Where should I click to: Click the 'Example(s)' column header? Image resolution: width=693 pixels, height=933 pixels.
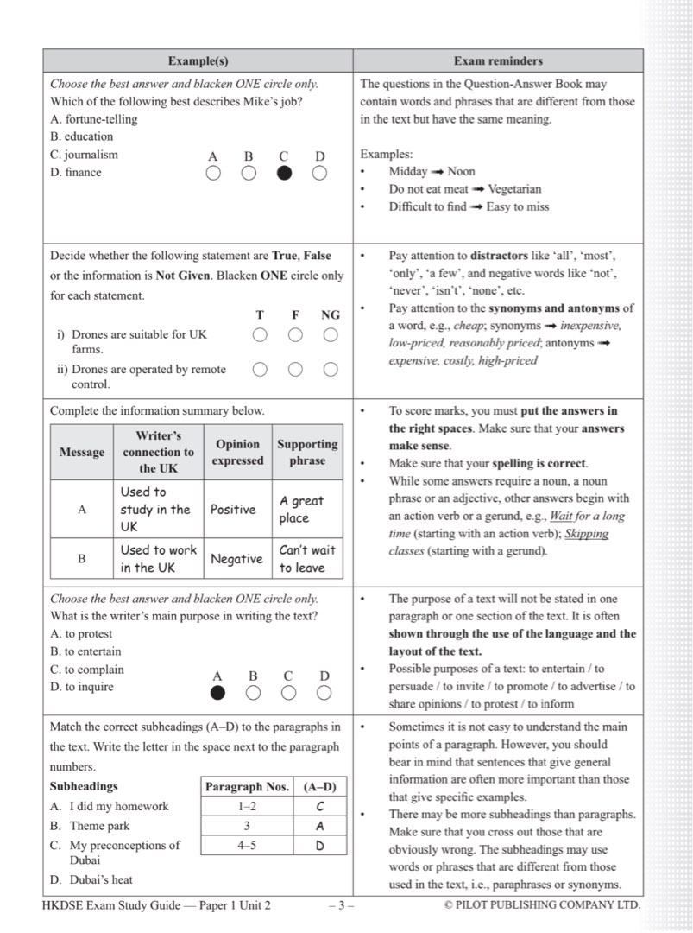point(198,61)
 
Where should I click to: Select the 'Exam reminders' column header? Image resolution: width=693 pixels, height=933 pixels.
point(498,61)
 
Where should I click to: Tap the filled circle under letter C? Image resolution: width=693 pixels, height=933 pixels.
point(284,174)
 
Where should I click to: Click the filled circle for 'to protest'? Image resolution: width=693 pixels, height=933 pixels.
point(217,693)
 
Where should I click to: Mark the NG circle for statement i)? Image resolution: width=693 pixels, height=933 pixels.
point(331,335)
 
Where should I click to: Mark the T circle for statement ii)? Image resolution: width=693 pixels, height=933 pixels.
point(260,370)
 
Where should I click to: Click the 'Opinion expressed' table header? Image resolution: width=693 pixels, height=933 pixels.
point(237,452)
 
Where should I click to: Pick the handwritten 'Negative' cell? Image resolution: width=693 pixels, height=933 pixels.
point(236,559)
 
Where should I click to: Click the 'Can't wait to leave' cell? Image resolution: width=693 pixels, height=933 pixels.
point(306,559)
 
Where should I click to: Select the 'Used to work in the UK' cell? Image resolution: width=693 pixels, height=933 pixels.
point(159,559)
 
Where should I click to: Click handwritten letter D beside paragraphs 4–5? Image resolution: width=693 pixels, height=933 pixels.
point(319,846)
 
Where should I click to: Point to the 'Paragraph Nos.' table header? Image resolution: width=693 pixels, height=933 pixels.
point(247,787)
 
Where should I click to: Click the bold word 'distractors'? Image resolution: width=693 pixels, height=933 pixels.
point(498,256)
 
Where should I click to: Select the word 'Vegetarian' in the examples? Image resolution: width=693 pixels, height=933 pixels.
point(514,189)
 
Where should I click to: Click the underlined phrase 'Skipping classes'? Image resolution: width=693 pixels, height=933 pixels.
point(586,534)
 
